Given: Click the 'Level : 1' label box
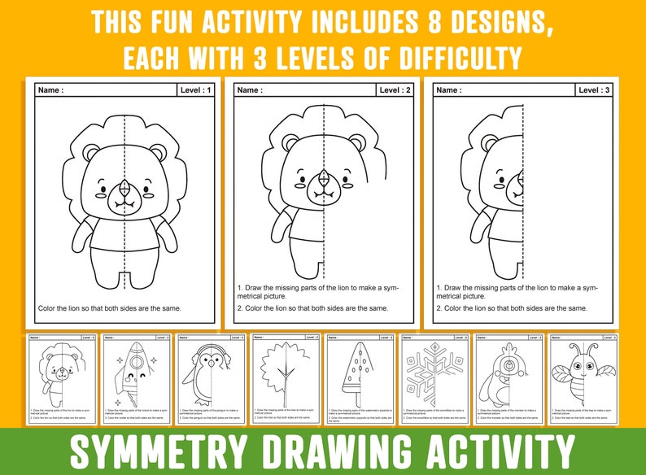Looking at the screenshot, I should click(x=195, y=90).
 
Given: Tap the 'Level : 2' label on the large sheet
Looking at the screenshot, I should click(x=395, y=90).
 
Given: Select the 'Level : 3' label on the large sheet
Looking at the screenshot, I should click(x=595, y=90).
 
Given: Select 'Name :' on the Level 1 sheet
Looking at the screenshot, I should click(x=50, y=90).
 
